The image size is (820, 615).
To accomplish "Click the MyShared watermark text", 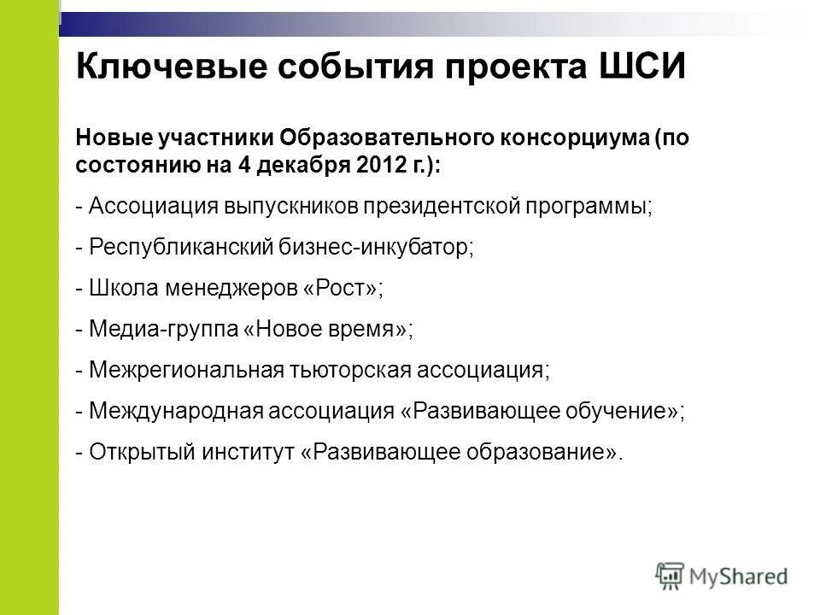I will [x=740, y=576].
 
